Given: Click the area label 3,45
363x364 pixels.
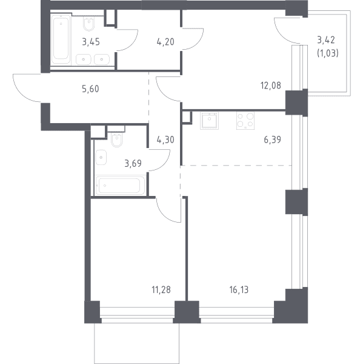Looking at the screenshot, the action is (91, 42).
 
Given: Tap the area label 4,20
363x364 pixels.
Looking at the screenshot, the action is (165, 42).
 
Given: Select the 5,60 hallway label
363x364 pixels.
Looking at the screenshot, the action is (90, 89).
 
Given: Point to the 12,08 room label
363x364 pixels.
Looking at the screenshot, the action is (271, 86).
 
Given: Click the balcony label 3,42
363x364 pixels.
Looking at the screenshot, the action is (326, 40).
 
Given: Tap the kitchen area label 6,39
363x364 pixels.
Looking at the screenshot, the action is (272, 140).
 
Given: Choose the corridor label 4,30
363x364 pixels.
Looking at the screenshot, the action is (165, 140).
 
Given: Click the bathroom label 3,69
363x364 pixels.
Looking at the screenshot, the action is (133, 163).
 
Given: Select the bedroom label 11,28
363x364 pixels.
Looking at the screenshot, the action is (161, 290).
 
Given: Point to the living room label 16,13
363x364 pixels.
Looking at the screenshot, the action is (239, 290).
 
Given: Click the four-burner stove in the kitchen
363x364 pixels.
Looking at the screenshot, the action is (245, 121).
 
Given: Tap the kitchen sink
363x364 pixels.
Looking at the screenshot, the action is (210, 121).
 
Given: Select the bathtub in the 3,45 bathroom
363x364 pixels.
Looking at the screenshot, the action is (61, 39).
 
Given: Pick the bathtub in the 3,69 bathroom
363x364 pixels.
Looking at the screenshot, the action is (120, 186).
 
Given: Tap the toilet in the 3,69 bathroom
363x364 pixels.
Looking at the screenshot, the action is (117, 140).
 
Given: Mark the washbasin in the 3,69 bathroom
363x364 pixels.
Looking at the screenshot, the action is (101, 157).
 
